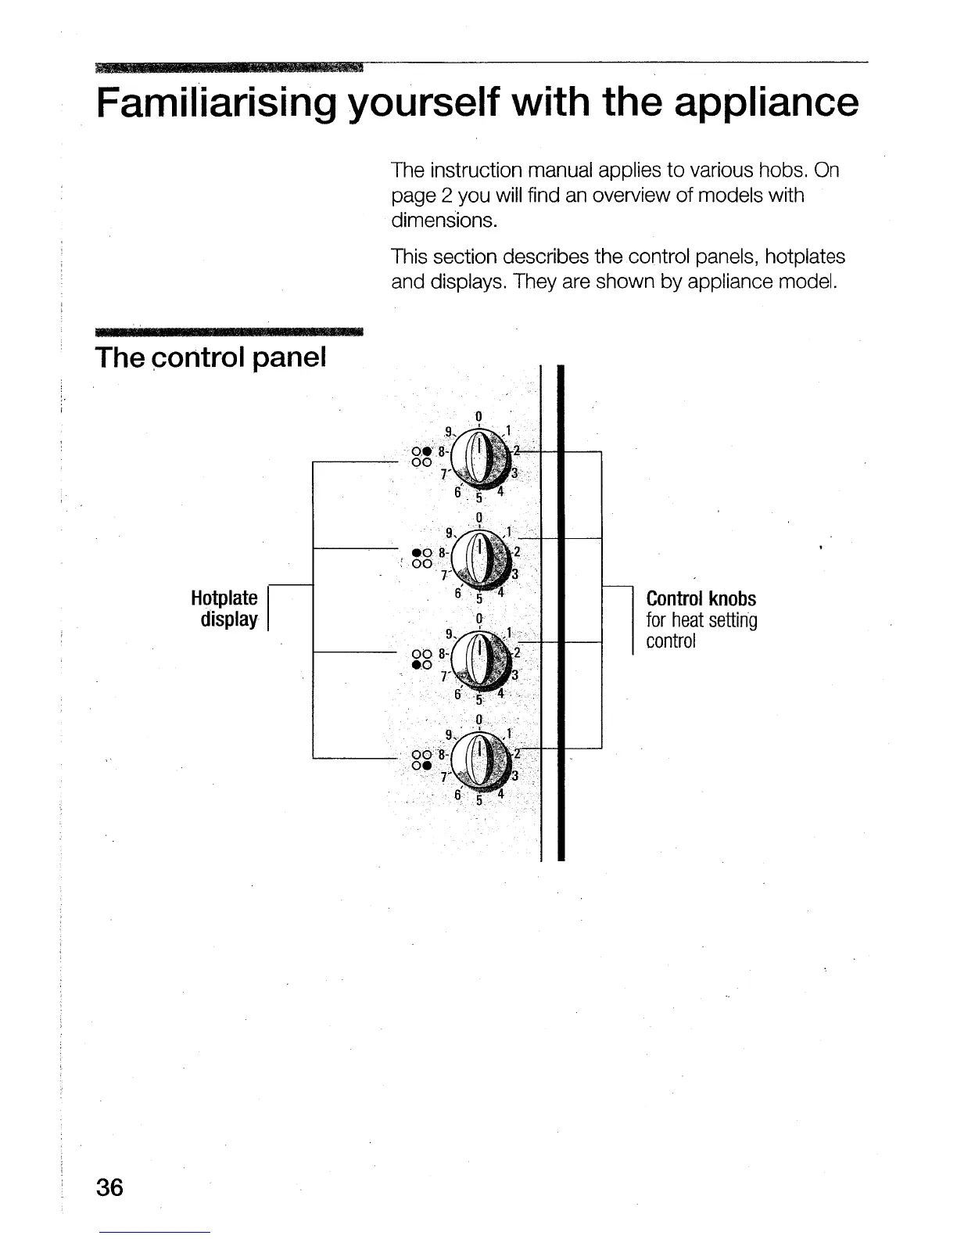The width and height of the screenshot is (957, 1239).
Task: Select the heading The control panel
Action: point(210,357)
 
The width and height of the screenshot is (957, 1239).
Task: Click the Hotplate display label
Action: point(224,609)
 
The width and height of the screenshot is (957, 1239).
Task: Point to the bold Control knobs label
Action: point(701,599)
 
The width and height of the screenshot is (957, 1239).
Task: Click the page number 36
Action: point(110,1187)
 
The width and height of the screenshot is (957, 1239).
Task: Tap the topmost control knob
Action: point(483,456)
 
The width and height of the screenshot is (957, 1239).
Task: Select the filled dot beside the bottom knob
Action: point(428,764)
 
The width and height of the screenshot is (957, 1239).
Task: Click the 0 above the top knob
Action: point(478,415)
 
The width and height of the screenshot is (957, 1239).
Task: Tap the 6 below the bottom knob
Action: point(458,795)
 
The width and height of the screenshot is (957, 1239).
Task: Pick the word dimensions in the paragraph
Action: point(443,221)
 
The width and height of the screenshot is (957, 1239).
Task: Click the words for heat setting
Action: point(701,621)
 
